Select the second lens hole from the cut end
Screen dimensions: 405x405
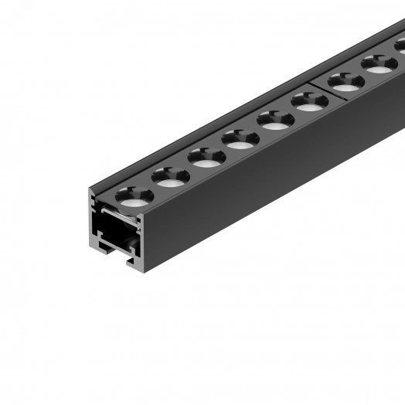click(x=170, y=177)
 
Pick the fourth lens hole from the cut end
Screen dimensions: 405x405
click(x=240, y=138)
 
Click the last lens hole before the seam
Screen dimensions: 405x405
click(x=309, y=100)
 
